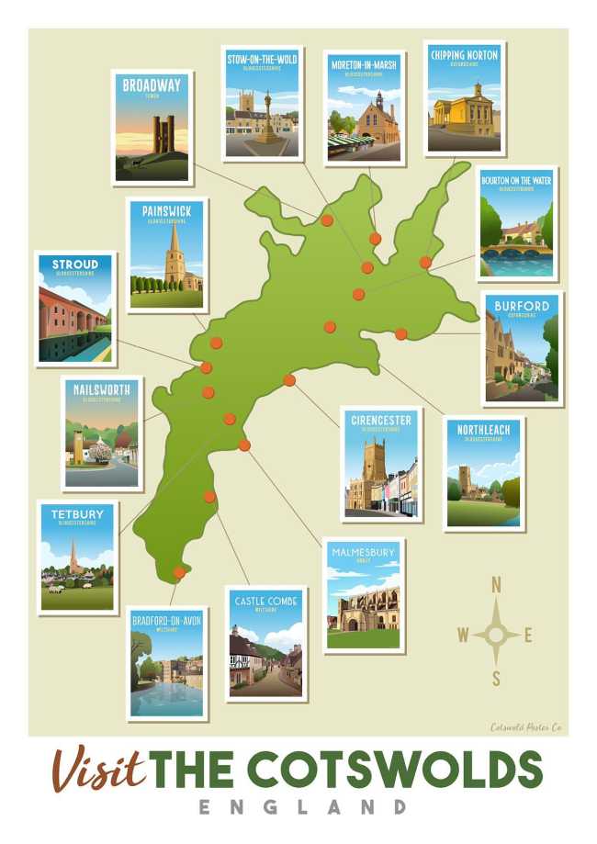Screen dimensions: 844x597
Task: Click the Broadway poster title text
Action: pos(152,85)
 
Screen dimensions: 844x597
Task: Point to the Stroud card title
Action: pos(75,264)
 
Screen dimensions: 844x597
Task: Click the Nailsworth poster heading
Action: pos(101,389)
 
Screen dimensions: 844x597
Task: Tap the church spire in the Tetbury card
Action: pos(73,557)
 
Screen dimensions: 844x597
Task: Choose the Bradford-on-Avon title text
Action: pos(166,620)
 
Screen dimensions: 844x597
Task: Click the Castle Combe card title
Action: pos(266,601)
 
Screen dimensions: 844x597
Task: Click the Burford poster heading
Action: pos(521,306)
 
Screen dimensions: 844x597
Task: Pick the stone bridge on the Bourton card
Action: pos(515,249)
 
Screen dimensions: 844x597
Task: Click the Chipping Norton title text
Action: pos(464,55)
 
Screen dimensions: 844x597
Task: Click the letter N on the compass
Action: pos(497,584)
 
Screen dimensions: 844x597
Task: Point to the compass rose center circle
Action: pos(496,635)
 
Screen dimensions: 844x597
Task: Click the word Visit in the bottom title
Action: pos(99,769)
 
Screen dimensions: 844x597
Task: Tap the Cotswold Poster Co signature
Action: pos(525,727)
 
